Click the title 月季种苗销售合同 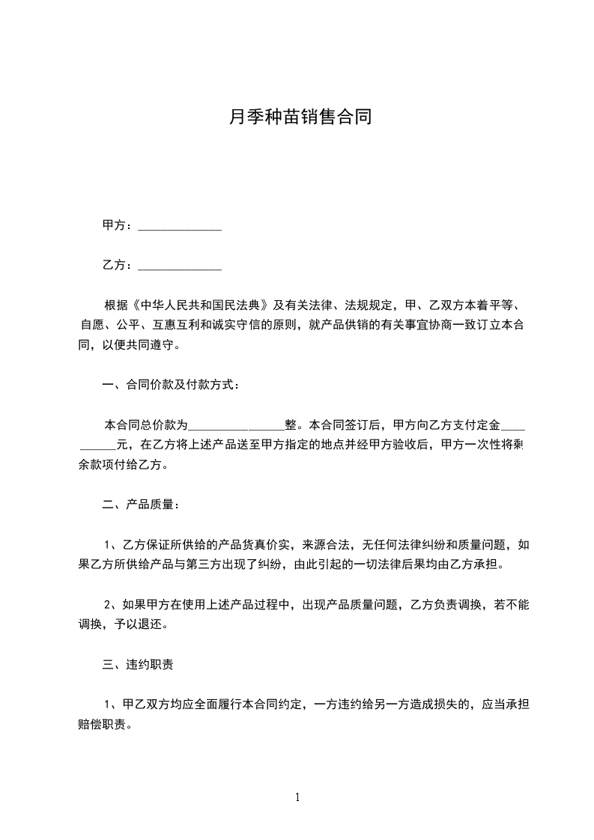(x=299, y=117)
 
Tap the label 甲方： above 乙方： (x=118, y=225)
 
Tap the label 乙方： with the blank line (x=118, y=265)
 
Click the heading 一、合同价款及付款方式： (x=172, y=385)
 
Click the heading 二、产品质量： (x=141, y=505)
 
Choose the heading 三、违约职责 (x=139, y=663)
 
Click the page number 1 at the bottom (x=297, y=797)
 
